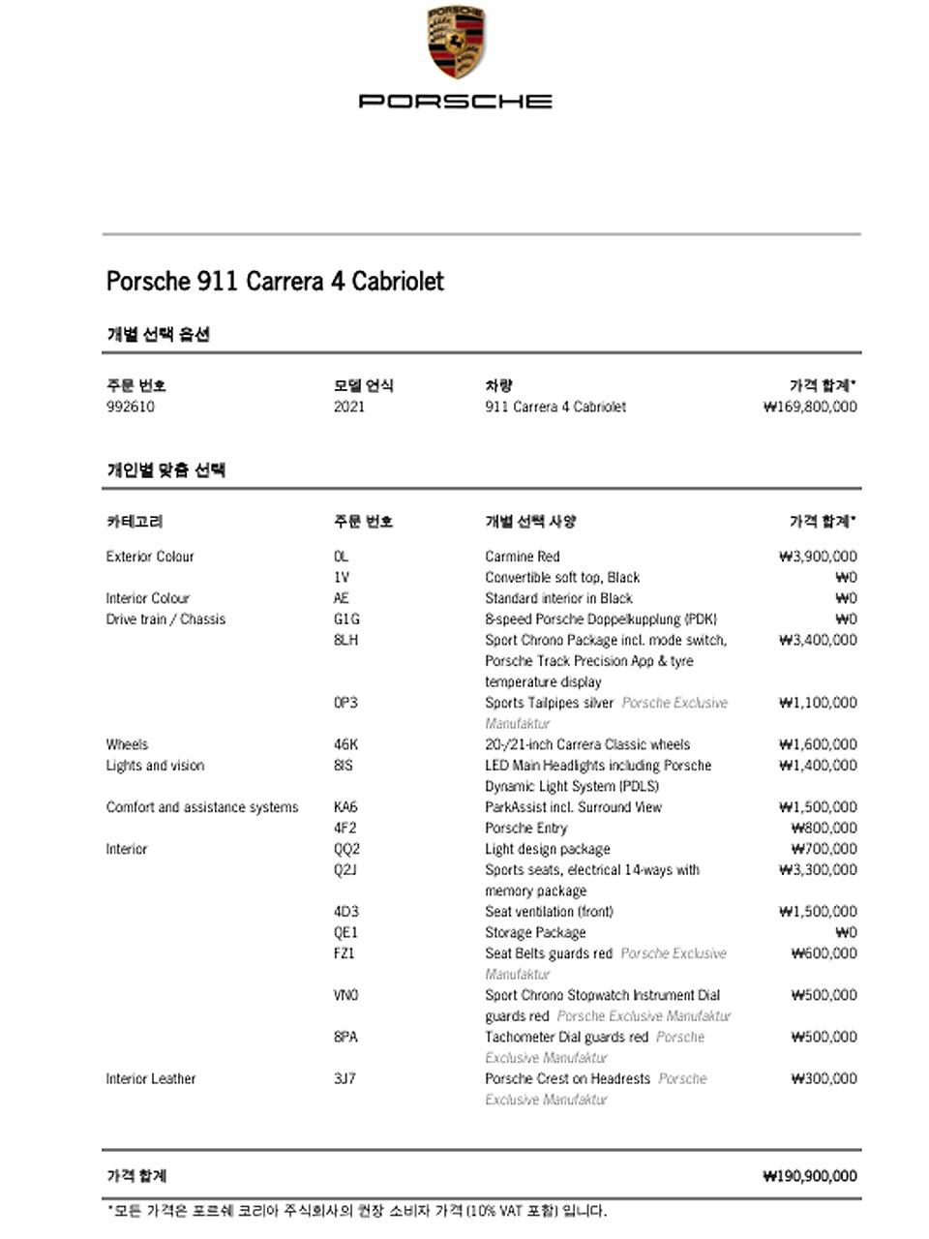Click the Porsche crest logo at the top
(456, 43)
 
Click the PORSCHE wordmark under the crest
(456, 101)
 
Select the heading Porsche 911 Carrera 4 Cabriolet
(275, 282)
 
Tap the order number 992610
(130, 407)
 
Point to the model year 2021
(349, 407)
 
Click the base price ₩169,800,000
(809, 407)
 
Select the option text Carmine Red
(523, 557)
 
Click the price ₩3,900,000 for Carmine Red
(818, 557)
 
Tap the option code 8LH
(345, 640)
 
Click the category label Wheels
(127, 744)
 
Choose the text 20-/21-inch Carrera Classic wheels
(587, 744)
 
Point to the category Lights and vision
(155, 766)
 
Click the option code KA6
(345, 807)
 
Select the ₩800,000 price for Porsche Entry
(824, 829)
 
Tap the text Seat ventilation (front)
(549, 912)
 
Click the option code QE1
(345, 933)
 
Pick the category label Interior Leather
(150, 1079)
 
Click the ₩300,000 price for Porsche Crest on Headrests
(824, 1079)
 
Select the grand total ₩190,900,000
(809, 1176)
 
